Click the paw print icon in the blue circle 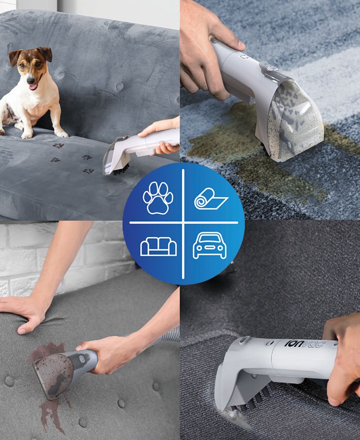158,198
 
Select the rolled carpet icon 211,199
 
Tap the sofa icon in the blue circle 158,247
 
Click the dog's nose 30,80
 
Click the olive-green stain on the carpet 253,151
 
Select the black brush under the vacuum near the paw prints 121,169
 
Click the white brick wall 56,253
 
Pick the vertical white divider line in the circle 183,224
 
